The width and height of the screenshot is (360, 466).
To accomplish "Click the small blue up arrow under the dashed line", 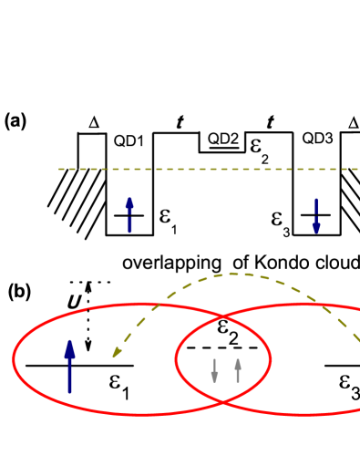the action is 129,214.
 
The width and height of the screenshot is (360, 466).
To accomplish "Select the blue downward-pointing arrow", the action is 316,216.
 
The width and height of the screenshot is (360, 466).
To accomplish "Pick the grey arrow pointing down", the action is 214,370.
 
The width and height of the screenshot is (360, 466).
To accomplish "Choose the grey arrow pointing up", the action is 238,369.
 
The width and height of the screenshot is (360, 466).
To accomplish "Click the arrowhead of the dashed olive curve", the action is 115,354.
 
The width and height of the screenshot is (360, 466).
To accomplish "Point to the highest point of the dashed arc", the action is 234,273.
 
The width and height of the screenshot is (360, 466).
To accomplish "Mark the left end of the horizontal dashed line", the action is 59,169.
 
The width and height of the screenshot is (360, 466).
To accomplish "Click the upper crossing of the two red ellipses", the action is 224,316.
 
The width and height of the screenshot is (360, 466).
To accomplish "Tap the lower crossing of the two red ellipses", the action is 223,402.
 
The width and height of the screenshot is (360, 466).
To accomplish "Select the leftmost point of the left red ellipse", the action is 13,359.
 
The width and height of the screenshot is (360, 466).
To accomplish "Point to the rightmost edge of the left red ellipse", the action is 271,359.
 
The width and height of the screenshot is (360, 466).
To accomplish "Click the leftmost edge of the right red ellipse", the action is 176,359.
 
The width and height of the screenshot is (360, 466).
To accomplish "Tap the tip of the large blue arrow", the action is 69,339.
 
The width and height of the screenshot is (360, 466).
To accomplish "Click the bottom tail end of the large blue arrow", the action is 69,393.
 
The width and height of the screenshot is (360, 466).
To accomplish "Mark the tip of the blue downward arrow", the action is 316,233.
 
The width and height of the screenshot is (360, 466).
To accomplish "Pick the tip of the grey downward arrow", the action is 214,382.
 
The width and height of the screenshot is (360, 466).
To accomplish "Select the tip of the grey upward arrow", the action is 238,357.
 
